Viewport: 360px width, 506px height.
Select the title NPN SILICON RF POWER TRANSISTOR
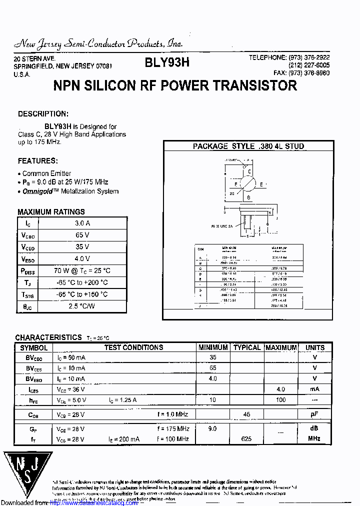coord(175,85)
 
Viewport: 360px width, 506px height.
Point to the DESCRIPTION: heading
coord(43,114)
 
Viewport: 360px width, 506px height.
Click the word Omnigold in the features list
coord(41,191)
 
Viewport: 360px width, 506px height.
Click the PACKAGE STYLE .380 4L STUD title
coord(248,146)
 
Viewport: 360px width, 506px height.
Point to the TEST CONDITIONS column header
coord(133,347)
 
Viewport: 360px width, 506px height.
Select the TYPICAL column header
coord(247,347)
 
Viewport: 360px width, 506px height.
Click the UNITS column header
coord(315,347)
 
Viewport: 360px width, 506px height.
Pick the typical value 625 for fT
coord(246,438)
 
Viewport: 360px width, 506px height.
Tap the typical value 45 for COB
coord(246,414)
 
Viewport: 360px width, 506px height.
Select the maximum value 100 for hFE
coord(280,400)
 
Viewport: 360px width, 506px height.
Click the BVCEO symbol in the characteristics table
coord(34,358)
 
